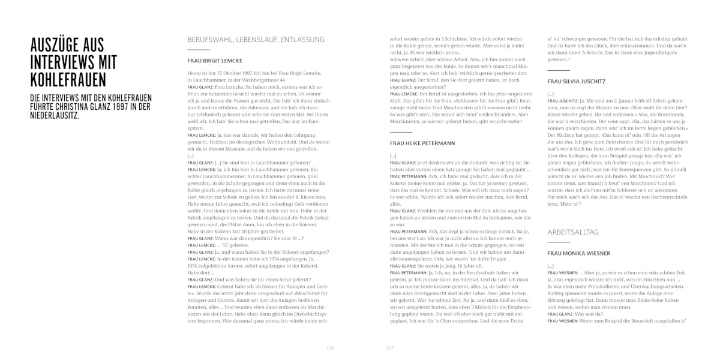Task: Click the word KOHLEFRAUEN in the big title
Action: click(x=68, y=80)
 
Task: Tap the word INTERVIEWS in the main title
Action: click(x=61, y=62)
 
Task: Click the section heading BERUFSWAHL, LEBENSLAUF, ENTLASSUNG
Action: click(x=256, y=40)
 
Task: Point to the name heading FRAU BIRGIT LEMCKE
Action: click(x=214, y=61)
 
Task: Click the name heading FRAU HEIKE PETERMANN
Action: click(x=422, y=143)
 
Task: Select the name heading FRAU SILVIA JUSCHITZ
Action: click(x=577, y=80)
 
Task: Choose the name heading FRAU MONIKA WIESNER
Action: click(x=579, y=253)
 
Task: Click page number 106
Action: click(x=330, y=348)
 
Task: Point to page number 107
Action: click(x=389, y=348)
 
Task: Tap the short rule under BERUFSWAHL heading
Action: click(x=199, y=49)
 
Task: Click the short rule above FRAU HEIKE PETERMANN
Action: click(x=401, y=131)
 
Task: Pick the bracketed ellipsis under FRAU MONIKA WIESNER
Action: click(x=550, y=265)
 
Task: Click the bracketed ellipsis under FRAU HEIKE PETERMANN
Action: click(x=393, y=156)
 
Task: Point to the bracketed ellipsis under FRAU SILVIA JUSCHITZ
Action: click(x=550, y=94)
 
